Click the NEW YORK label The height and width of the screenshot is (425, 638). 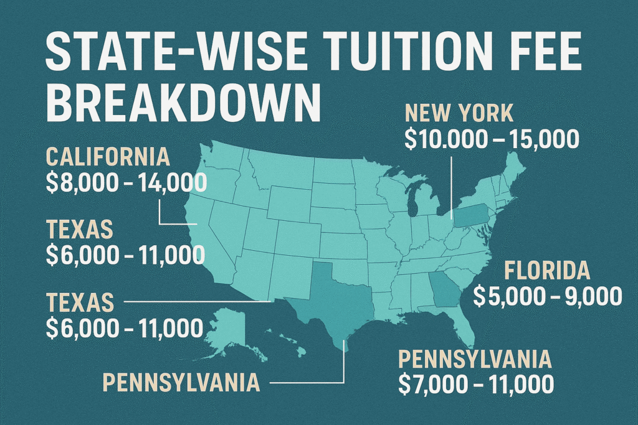[459, 114]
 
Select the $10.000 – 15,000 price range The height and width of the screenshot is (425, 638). [492, 139]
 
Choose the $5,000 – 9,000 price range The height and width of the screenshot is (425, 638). [548, 297]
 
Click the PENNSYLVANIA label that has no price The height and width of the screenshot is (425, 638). [181, 382]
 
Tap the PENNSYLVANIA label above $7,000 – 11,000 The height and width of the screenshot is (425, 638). [475, 359]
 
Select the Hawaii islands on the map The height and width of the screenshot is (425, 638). [293, 345]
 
